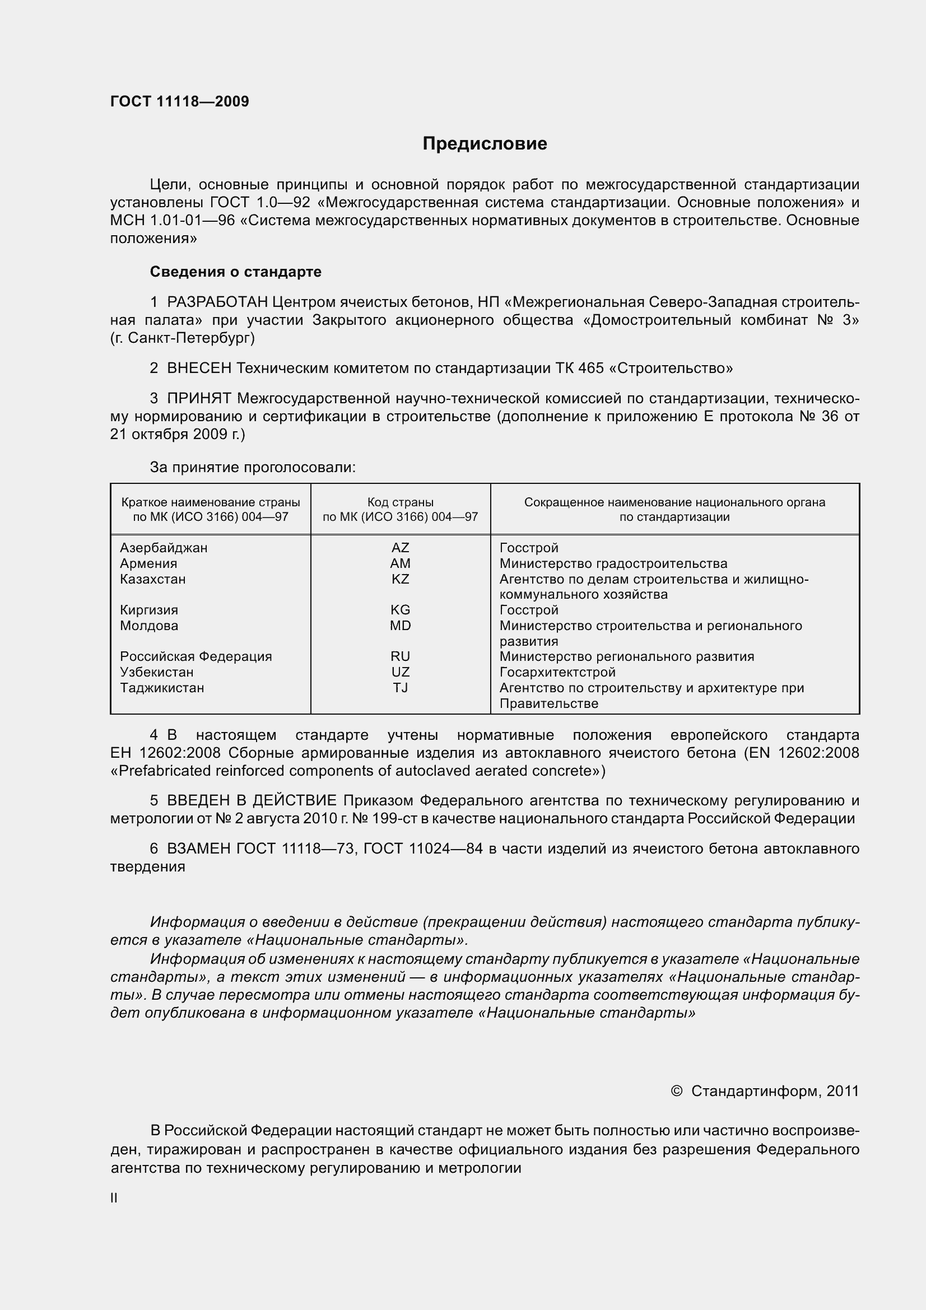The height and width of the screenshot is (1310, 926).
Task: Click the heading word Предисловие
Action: click(485, 143)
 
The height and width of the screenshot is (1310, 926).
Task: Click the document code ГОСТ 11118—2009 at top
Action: click(179, 101)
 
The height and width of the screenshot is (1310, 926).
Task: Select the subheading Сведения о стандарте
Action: click(235, 272)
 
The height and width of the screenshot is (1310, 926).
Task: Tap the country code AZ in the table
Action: click(400, 548)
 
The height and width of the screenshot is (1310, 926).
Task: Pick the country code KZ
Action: click(400, 579)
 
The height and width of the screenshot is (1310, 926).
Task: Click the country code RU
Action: click(400, 656)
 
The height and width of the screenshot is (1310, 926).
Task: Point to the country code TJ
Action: click(400, 688)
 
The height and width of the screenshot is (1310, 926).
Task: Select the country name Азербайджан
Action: click(163, 548)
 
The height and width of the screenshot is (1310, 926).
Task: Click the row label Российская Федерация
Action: click(196, 656)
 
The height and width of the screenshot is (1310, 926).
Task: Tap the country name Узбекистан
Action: click(156, 672)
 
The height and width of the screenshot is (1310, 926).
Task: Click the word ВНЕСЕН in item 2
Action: click(199, 368)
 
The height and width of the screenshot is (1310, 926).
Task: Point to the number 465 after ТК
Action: click(590, 368)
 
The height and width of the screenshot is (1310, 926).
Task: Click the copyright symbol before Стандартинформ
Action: click(676, 1091)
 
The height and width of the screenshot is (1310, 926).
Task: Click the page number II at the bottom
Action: click(114, 1198)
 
